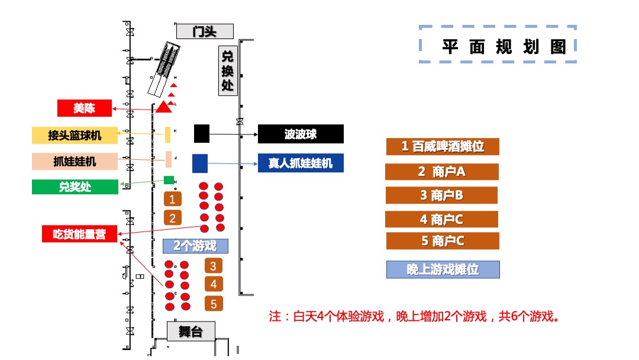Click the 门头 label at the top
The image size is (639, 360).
[x=205, y=31]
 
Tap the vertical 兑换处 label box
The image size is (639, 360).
[x=228, y=70]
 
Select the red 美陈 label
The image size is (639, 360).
[x=84, y=108]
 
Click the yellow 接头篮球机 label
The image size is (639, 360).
[x=75, y=136]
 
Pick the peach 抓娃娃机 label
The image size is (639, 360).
[x=75, y=161]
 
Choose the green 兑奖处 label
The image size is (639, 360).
[x=75, y=187]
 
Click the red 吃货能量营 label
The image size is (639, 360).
[x=79, y=234]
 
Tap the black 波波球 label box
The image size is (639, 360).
[x=301, y=134]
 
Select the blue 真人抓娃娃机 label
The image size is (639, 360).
[x=301, y=163]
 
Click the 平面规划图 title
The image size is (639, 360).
[x=498, y=44]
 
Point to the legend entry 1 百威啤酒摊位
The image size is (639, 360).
[x=443, y=146]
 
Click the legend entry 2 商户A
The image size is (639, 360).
[x=442, y=172]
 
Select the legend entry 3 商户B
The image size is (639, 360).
[x=441, y=195]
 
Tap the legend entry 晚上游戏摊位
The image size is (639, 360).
[x=443, y=269]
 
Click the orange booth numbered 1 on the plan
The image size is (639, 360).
[x=172, y=199]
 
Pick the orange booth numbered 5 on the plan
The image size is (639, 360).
[x=214, y=304]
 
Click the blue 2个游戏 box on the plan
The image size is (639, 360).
[x=195, y=245]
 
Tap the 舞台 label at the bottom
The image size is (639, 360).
[x=191, y=332]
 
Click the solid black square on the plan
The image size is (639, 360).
[x=202, y=134]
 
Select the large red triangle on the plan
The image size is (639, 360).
[x=164, y=107]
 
